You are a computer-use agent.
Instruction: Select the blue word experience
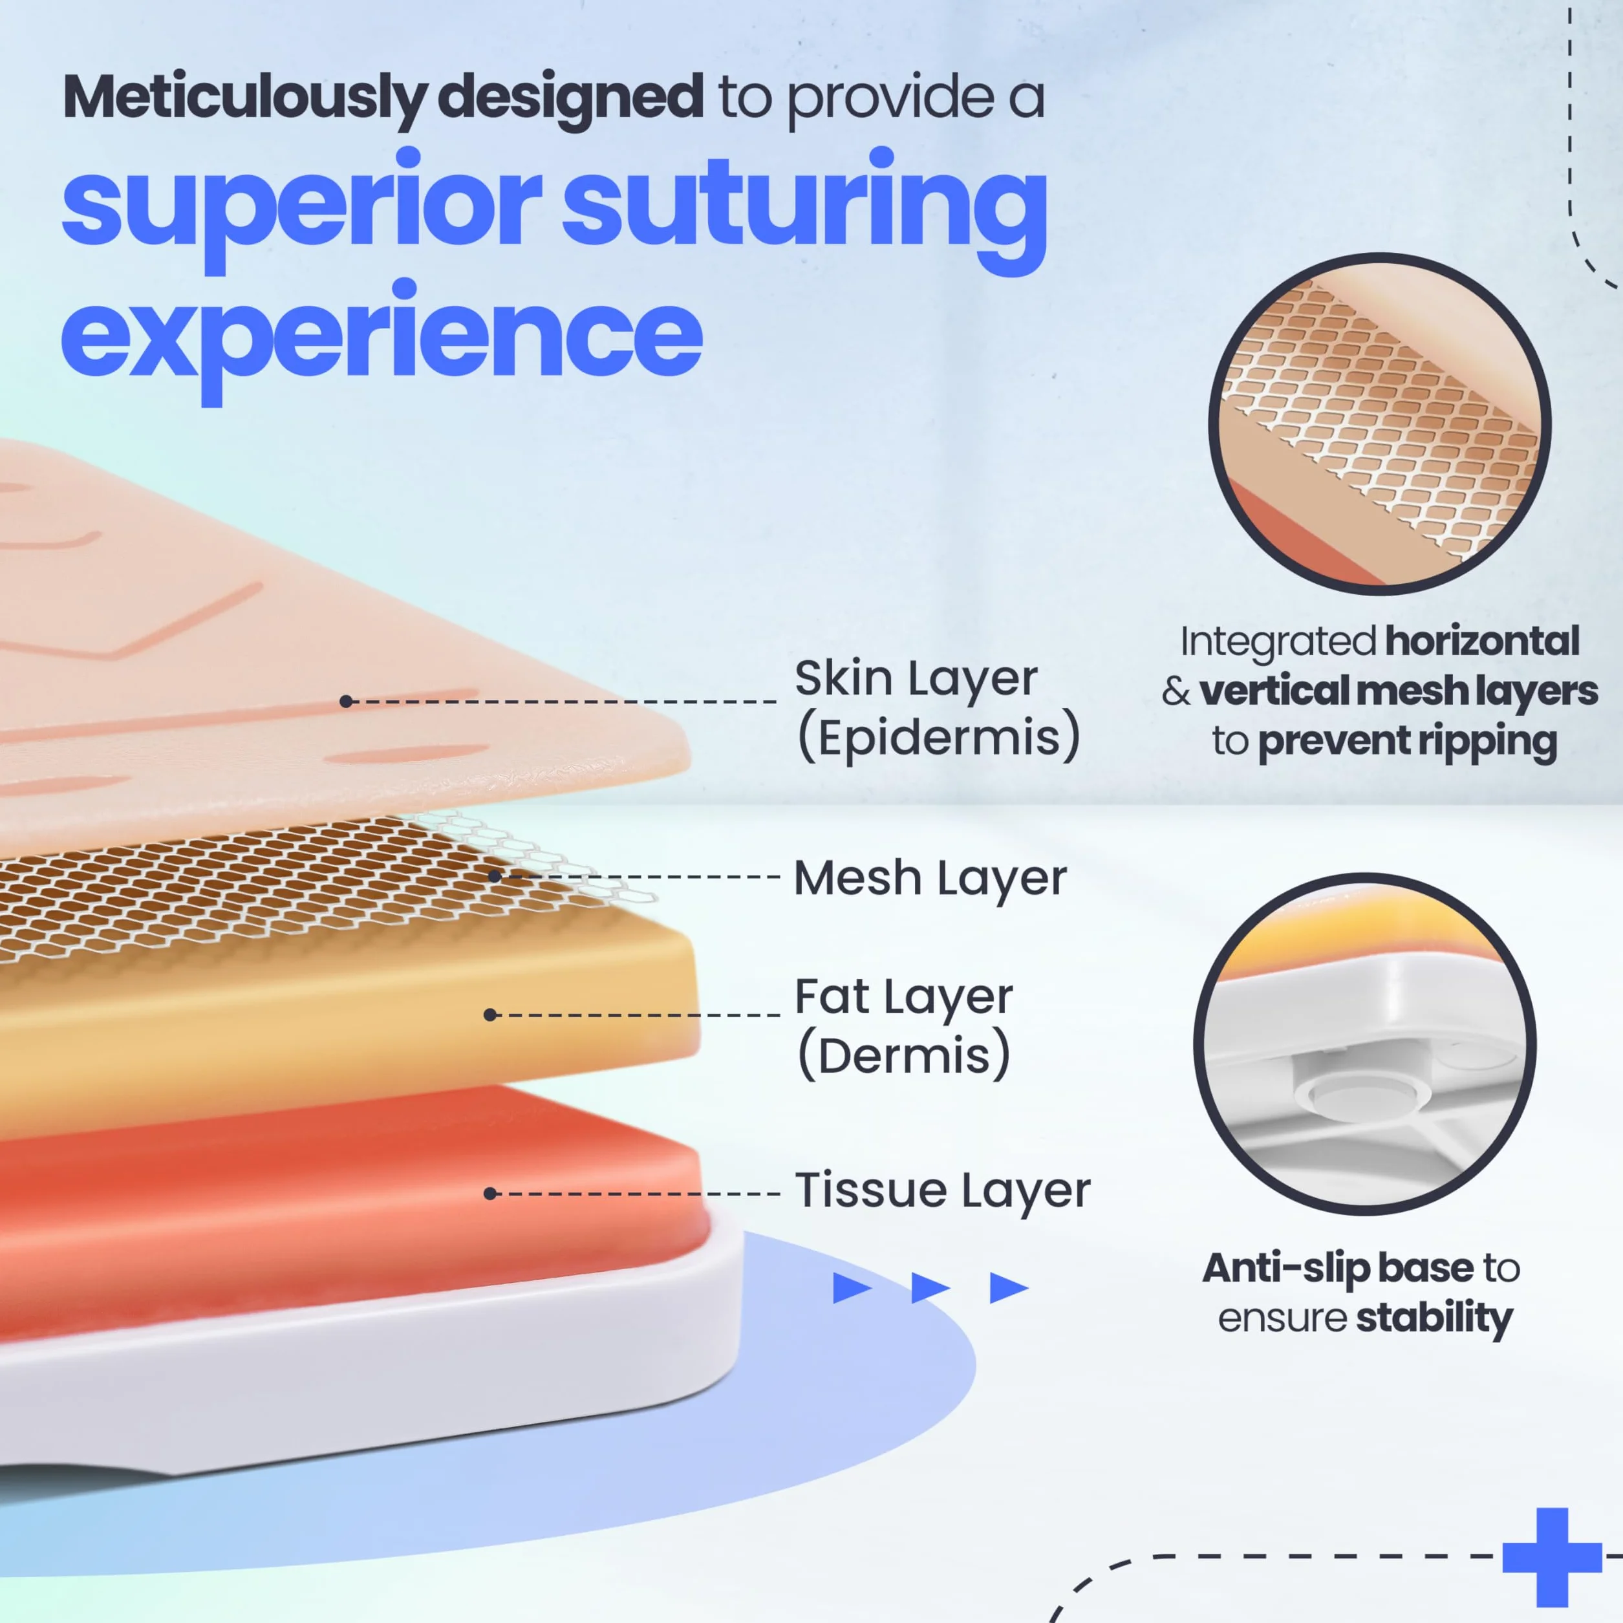click(x=382, y=341)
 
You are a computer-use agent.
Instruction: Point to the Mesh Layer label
click(x=930, y=878)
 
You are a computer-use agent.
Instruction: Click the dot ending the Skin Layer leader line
click(x=346, y=701)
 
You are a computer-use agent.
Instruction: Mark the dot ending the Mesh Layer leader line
click(x=495, y=876)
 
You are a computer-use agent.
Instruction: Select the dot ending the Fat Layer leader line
click(x=491, y=1015)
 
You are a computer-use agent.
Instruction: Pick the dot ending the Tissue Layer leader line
click(x=491, y=1193)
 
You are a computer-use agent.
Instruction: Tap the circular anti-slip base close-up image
click(x=1365, y=1044)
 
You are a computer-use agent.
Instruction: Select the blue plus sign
click(x=1552, y=1556)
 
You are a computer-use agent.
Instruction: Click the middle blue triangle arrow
click(x=930, y=1288)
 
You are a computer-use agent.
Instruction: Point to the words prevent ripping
click(x=1408, y=742)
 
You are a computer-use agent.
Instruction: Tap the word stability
click(x=1435, y=1317)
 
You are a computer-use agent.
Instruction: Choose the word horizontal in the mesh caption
click(x=1483, y=641)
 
